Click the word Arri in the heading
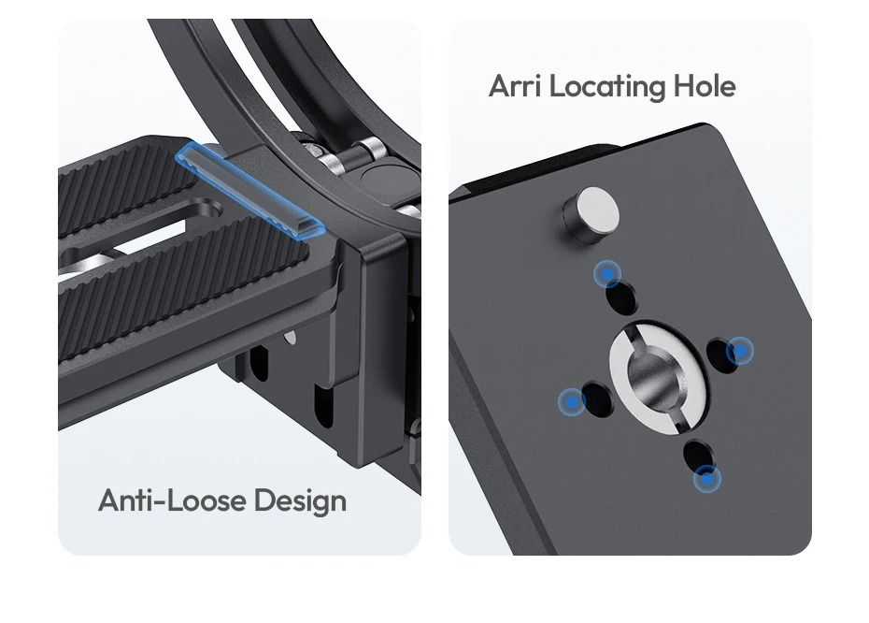[x=515, y=86]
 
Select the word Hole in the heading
[x=705, y=86]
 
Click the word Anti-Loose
[x=172, y=500]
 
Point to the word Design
[x=300, y=501]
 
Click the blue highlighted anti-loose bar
[x=249, y=191]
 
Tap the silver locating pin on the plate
[x=591, y=216]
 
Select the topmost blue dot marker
[x=607, y=273]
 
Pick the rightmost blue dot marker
[x=740, y=351]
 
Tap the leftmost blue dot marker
[x=571, y=401]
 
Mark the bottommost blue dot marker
[x=707, y=479]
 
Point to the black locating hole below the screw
[x=699, y=456]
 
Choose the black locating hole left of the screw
[x=598, y=398]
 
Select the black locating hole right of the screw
[x=722, y=355]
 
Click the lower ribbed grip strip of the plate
[x=183, y=288]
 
